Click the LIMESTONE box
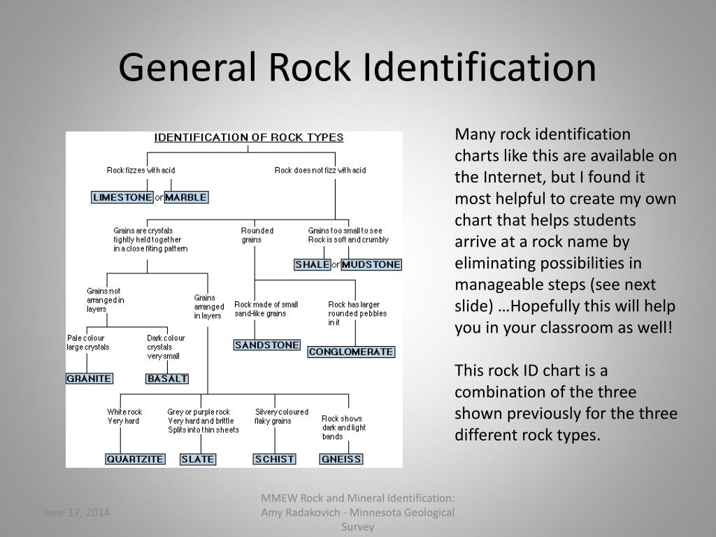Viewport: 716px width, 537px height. coord(122,197)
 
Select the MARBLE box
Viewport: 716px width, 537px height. coord(186,197)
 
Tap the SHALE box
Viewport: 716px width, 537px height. coord(312,264)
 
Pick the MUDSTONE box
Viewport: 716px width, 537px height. coord(371,264)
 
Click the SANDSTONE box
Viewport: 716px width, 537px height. coord(266,345)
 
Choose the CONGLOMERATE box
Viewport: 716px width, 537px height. coord(350,352)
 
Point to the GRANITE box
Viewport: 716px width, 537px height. coord(89,378)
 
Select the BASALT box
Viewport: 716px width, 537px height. coord(167,378)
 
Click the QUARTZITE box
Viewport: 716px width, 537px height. coord(135,459)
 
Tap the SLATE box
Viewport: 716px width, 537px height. coord(197,459)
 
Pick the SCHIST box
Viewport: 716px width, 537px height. coord(274,459)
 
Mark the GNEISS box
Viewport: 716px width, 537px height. coord(341,459)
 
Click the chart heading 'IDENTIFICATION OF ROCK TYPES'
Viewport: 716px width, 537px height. coord(248,138)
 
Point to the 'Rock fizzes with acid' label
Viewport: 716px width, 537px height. coord(141,170)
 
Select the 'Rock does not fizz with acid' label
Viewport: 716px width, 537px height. coord(320,170)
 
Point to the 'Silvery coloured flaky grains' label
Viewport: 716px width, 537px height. coord(281,416)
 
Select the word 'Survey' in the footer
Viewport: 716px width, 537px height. coord(358,527)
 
